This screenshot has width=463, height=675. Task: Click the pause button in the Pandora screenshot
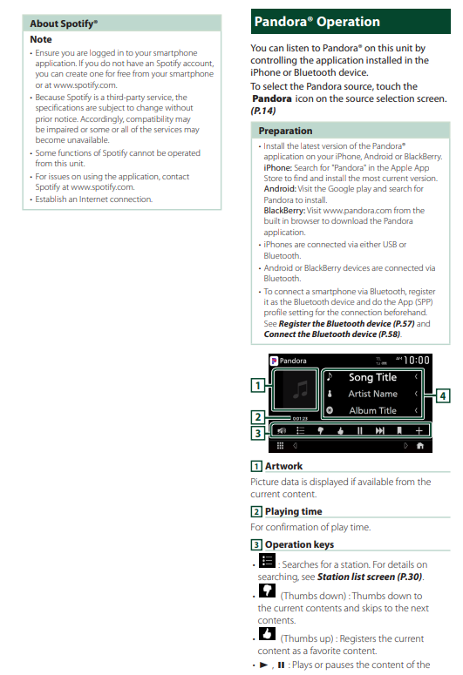[359, 430]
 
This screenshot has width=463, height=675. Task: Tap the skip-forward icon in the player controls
[379, 430]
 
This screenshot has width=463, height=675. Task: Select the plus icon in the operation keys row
[419, 430]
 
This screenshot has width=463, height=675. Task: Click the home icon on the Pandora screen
[420, 446]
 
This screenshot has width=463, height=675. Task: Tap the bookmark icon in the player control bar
[399, 430]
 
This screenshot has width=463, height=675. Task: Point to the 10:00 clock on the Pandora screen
[417, 361]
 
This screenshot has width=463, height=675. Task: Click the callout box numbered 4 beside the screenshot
[443, 395]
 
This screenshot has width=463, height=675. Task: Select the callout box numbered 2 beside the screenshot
[258, 416]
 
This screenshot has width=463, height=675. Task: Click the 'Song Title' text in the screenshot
[372, 377]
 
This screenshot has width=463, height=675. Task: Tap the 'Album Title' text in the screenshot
[372, 411]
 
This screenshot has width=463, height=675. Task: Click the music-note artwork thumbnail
[296, 389]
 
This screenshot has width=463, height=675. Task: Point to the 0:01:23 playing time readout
[300, 418]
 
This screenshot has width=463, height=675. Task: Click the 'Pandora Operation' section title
[317, 22]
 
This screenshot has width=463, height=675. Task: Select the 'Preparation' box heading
[285, 131]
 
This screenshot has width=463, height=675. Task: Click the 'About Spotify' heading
[64, 24]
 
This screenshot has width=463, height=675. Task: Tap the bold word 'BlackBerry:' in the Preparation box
[284, 211]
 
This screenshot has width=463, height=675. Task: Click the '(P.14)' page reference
[263, 111]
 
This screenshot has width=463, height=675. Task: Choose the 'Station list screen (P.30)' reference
[370, 577]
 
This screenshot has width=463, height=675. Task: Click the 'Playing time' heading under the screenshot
[294, 511]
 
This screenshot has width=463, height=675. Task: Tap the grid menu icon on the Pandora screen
[280, 446]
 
